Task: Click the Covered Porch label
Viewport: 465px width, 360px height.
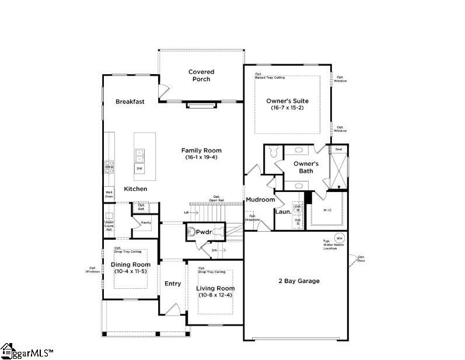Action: tap(201, 75)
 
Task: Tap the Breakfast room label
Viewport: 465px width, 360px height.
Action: tap(130, 102)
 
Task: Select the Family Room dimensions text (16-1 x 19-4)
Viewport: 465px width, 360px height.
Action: tap(201, 158)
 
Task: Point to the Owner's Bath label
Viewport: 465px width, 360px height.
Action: tap(306, 167)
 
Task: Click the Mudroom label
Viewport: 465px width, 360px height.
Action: tap(260, 200)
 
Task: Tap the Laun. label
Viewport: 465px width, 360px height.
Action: tap(283, 212)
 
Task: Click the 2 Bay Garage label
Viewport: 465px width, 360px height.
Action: tap(299, 281)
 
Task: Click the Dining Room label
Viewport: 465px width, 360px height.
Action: tap(130, 264)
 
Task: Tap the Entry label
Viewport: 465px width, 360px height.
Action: tap(173, 284)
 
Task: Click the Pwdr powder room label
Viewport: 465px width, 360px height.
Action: tap(204, 232)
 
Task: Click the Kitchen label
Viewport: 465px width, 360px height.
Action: tap(135, 189)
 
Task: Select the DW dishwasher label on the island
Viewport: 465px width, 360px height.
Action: tap(139, 169)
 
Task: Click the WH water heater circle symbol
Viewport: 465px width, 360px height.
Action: tap(339, 238)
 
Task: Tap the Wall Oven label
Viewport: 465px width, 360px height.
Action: tap(109, 194)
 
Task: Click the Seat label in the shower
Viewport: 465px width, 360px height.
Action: tap(338, 149)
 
